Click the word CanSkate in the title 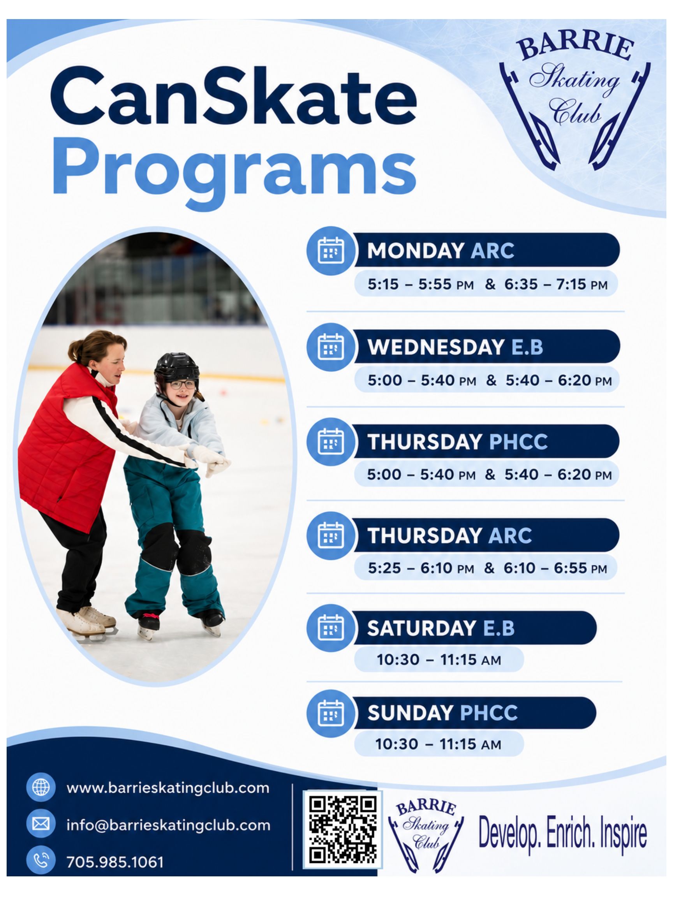point(234,97)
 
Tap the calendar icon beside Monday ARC point(331,250)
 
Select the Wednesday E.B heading point(455,347)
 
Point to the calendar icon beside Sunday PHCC point(331,713)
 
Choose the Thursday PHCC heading point(457,441)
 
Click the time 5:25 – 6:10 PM point(421,568)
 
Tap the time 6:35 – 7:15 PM point(556,285)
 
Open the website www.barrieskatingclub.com point(168,788)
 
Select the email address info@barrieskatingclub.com point(168,825)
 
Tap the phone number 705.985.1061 point(115,862)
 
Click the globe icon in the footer point(41,788)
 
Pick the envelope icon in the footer point(41,824)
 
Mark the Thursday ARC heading point(449,536)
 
